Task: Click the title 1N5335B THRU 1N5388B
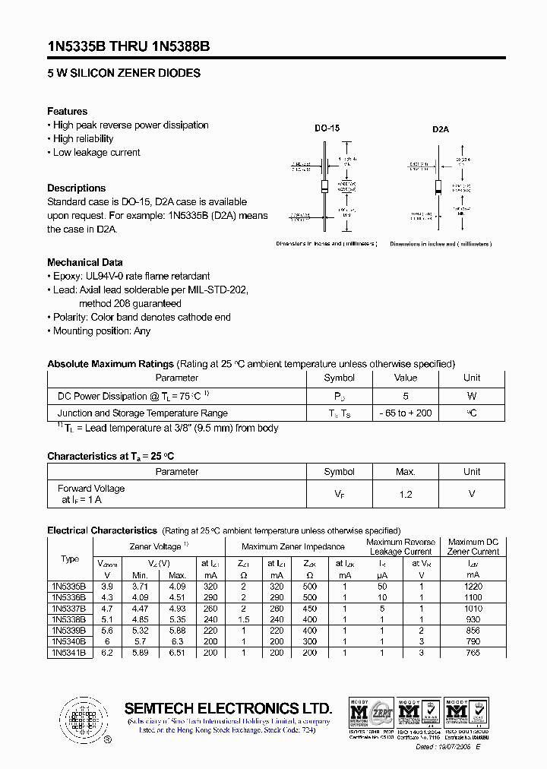point(128,46)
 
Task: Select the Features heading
point(67,111)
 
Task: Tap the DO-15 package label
point(327,128)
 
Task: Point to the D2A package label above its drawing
point(441,129)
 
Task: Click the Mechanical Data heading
point(84,262)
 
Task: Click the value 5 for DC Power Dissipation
point(406,396)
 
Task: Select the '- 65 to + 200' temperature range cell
point(406,413)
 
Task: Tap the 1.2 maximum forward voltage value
point(406,494)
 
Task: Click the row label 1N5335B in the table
point(69,587)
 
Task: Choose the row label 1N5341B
point(69,653)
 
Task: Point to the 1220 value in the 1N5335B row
point(473,587)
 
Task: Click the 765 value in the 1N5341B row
point(473,653)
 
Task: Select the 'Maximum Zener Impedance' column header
point(292,546)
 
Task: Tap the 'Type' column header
point(69,559)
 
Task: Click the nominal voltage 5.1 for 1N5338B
point(108,620)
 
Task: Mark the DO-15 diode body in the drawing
point(324,187)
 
